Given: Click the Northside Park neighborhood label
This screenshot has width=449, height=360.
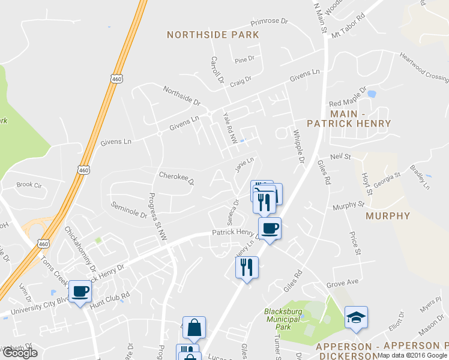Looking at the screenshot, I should click(213, 35).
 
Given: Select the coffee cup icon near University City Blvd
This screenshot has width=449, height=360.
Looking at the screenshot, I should click(80, 292).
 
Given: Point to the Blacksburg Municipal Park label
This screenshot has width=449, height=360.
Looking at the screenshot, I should click(285, 319).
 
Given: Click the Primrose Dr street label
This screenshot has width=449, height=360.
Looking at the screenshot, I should click(270, 21).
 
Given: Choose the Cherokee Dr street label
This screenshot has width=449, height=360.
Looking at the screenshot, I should click(176, 178).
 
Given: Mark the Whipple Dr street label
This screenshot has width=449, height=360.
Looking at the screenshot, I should click(300, 146).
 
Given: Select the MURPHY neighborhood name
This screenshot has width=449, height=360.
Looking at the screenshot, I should click(387, 216).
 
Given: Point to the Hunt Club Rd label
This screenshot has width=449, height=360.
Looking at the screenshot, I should click(109, 301).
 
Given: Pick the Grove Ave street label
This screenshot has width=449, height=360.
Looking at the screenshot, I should click(342, 282).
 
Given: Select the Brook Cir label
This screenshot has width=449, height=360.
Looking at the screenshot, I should click(28, 185).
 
